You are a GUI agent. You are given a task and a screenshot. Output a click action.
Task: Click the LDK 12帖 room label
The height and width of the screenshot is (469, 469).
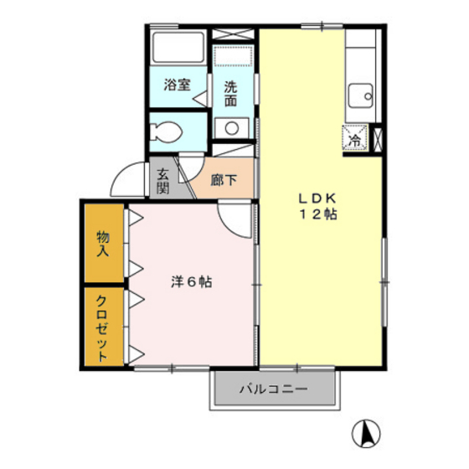tap(318, 206)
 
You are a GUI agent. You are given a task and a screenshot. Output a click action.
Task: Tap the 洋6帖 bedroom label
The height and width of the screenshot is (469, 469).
tap(192, 281)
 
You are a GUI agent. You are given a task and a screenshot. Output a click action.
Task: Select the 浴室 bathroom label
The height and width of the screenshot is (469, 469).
tap(177, 85)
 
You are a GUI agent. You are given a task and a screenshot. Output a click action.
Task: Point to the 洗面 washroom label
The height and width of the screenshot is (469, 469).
tap(230, 94)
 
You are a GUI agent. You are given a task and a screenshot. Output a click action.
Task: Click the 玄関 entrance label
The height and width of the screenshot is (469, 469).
tap(163, 181)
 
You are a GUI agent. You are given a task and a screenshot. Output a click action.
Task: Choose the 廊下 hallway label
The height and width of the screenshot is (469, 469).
tap(224, 180)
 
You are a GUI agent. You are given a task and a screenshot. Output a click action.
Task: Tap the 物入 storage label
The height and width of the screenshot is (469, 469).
tap(103, 244)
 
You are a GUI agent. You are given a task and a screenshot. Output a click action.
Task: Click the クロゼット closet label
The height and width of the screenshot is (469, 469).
tap(102, 328)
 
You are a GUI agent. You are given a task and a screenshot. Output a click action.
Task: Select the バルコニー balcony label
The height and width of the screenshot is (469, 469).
tap(273, 389)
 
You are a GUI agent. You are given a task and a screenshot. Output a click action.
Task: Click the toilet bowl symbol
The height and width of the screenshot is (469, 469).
tap(165, 131)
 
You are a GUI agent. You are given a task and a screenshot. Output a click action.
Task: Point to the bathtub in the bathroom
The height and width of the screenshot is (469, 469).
tap(178, 47)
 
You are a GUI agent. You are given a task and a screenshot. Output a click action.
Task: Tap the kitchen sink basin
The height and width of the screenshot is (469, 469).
tap(361, 95)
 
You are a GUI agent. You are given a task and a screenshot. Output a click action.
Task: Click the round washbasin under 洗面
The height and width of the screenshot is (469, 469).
tap(232, 128)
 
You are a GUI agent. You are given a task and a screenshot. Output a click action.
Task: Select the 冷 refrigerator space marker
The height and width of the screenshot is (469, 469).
tap(355, 138)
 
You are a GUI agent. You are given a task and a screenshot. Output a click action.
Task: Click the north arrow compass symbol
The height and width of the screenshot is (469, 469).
tap(366, 433)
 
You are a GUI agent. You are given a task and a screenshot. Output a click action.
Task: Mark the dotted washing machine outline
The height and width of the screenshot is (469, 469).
tap(233, 57)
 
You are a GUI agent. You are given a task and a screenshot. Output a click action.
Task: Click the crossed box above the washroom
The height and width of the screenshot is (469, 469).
tap(233, 33)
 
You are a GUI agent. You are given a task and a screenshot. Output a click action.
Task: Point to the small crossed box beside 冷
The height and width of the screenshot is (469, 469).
tap(378, 140)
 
